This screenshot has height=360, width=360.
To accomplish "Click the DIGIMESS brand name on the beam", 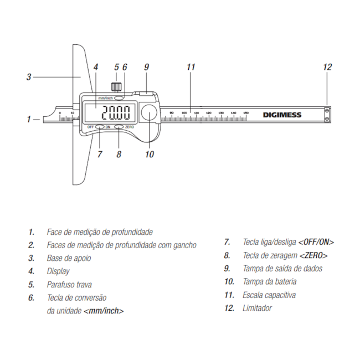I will point(282,115).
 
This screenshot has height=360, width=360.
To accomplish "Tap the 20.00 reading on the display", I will point(117,114).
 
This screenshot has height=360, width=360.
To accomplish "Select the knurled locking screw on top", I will point(116,87).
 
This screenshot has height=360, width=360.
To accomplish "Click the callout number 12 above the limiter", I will point(327,67).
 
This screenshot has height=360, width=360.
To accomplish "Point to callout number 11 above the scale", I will point(191,67).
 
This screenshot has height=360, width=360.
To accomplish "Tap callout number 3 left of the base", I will point(29,77).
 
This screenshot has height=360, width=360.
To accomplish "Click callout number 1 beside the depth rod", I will point(29,119).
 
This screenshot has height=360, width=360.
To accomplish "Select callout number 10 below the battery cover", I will point(150,154).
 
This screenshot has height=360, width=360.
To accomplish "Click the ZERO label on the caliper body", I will point(130,127).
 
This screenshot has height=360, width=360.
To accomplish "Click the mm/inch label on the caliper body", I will point(106,98).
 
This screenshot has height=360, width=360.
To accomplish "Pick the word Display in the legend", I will point(58,271).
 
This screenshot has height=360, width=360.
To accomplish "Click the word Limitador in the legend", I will point(257,308).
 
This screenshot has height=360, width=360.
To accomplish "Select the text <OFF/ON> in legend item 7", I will point(316,242).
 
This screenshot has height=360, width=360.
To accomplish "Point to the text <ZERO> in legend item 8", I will point(313,255).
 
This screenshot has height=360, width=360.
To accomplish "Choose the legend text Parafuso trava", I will point(69,285).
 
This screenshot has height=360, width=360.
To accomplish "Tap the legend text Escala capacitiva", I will point(269,295).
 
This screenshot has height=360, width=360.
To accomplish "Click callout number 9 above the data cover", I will point(146,67).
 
